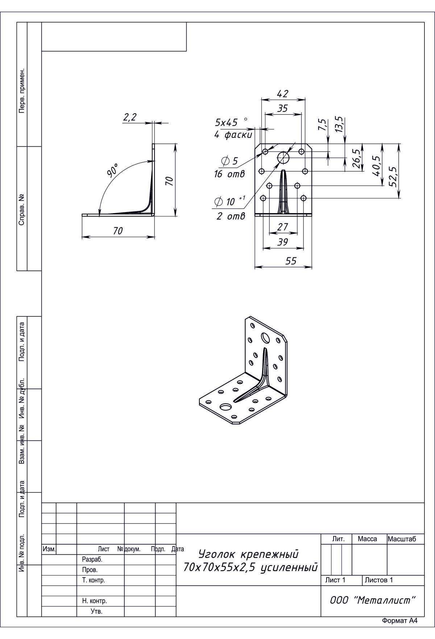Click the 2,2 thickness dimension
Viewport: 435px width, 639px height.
click(x=130, y=117)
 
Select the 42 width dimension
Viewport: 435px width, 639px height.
click(x=282, y=94)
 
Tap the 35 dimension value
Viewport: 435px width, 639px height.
click(x=282, y=108)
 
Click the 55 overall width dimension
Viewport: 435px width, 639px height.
click(x=291, y=261)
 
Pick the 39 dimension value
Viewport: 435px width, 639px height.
click(x=282, y=242)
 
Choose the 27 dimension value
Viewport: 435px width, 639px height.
click(x=282, y=227)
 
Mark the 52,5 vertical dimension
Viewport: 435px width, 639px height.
click(x=393, y=176)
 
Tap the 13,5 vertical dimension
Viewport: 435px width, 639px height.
click(x=339, y=124)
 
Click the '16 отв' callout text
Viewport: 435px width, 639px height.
click(x=229, y=174)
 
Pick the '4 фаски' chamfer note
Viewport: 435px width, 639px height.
click(x=233, y=135)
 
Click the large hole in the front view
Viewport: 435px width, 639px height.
click(x=283, y=158)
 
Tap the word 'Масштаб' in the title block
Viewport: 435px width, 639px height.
click(x=402, y=539)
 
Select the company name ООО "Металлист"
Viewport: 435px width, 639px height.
click(x=373, y=600)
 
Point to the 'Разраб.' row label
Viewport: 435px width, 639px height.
click(x=92, y=559)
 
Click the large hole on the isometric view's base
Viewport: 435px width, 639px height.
click(x=226, y=406)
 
